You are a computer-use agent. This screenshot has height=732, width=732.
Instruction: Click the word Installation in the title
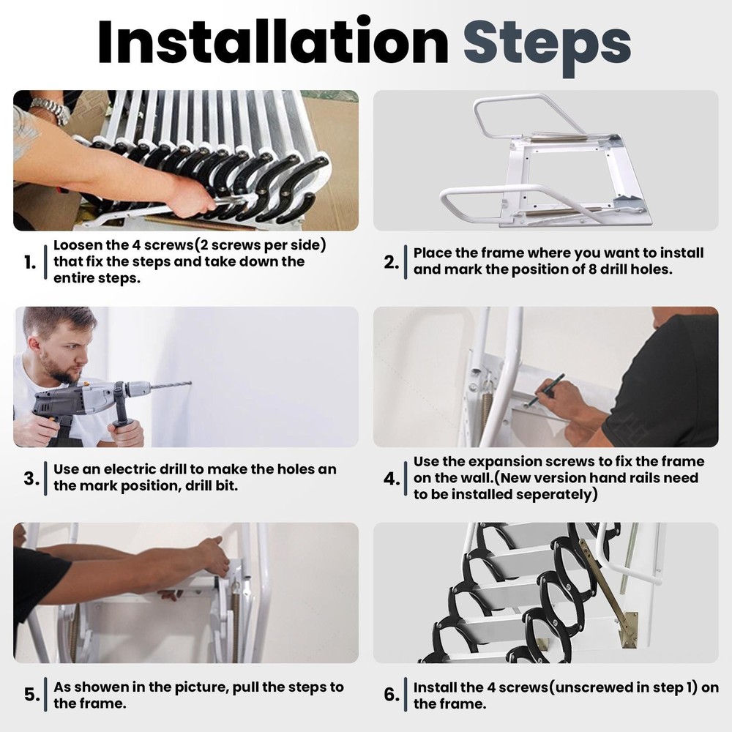272,42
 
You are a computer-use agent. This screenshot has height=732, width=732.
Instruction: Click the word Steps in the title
547,42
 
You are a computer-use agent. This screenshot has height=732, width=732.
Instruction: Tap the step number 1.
30,263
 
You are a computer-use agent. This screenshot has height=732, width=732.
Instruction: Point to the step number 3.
30,479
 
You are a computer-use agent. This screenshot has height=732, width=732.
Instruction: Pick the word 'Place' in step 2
432,253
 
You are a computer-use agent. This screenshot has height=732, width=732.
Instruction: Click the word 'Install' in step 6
438,687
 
